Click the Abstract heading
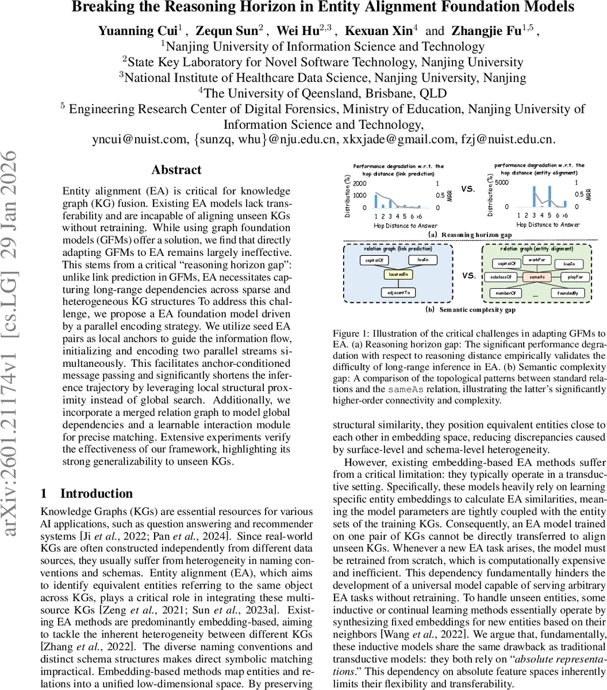coord(176,170)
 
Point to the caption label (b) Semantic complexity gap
coord(470,309)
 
